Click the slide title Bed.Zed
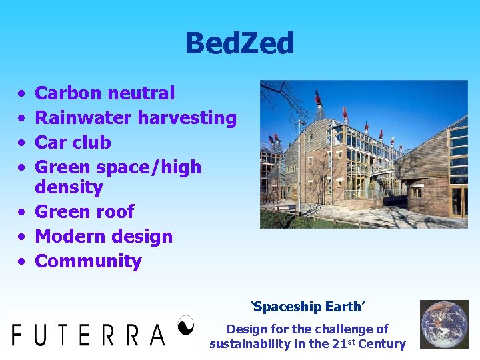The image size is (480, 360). [x=239, y=44]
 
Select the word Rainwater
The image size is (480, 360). [x=83, y=118]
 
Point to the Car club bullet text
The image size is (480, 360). [x=73, y=143]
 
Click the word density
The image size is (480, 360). [x=69, y=187]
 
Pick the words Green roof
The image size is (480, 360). [x=84, y=212]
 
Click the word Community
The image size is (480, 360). [x=88, y=261]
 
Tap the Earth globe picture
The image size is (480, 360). [x=444, y=324]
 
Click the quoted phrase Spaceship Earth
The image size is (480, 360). [x=309, y=307]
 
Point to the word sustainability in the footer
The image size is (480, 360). [x=251, y=344]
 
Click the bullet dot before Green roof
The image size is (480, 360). [x=22, y=213]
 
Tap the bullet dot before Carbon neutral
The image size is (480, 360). [x=22, y=94]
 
